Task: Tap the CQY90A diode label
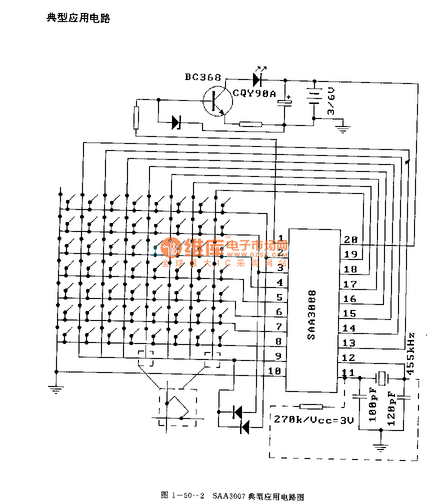point(254,93)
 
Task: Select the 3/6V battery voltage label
point(330,101)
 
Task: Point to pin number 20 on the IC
point(350,239)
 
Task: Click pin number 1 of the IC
point(280,238)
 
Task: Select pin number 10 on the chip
point(275,371)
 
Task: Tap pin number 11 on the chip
point(349,372)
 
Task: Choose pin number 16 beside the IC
point(350,299)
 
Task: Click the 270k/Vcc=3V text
point(314,420)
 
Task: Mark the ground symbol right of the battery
point(343,129)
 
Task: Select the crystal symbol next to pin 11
point(382,378)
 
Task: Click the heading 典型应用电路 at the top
point(78,18)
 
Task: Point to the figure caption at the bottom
point(232,496)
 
